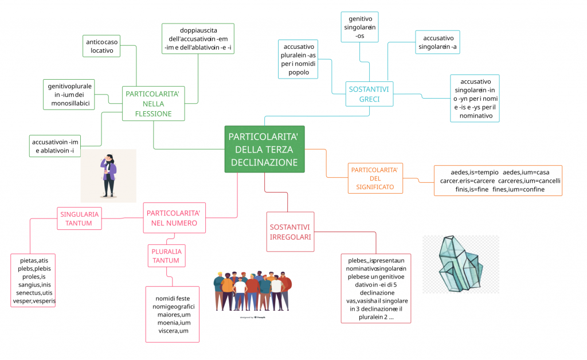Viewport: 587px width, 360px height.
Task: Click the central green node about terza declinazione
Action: (x=264, y=149)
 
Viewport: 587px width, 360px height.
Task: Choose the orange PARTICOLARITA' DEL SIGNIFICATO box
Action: (x=374, y=178)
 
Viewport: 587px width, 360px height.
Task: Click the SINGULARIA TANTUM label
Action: (x=79, y=218)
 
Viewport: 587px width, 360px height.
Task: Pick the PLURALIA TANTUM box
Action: (x=166, y=256)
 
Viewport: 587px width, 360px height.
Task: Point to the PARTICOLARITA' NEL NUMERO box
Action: (x=174, y=218)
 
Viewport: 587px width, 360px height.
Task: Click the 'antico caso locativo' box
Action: (x=102, y=46)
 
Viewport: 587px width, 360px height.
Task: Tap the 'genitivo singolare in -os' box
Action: (x=360, y=27)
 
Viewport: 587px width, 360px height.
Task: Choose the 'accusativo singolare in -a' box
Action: (x=437, y=42)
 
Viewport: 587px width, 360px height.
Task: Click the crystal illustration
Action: (x=460, y=264)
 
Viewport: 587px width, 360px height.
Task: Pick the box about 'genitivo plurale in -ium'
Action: (x=68, y=94)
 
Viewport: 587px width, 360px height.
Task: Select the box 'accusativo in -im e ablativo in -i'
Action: (x=56, y=146)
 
